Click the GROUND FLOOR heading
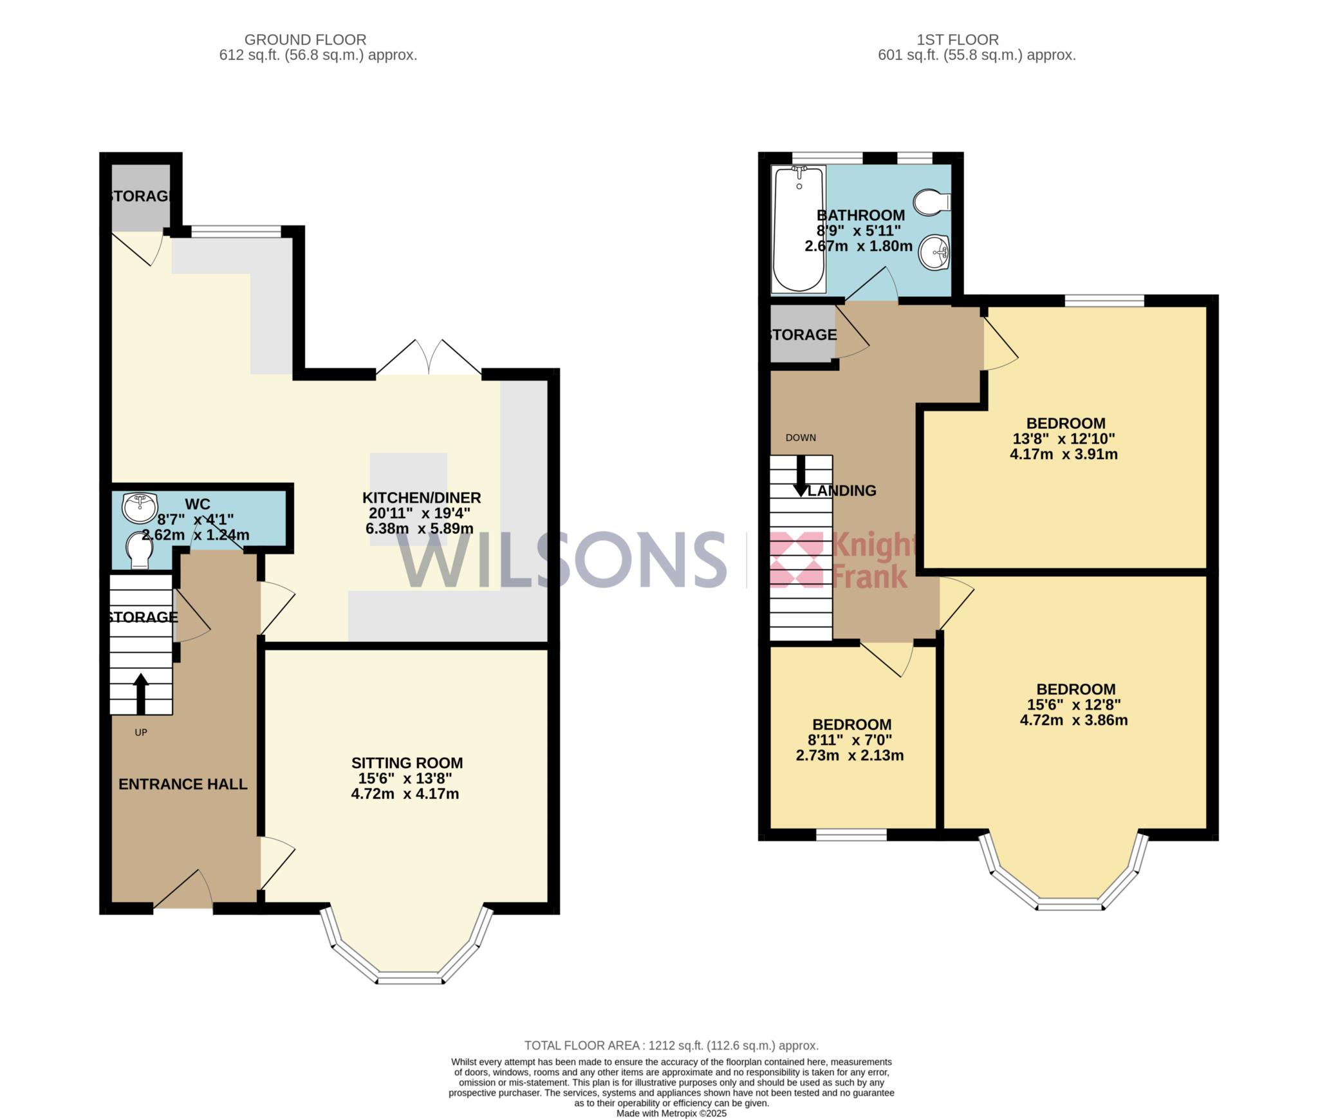click(305, 40)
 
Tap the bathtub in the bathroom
click(799, 229)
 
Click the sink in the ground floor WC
click(140, 508)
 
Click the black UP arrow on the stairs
click(140, 694)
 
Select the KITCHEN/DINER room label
click(422, 498)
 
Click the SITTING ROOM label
click(407, 763)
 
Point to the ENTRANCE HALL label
click(183, 784)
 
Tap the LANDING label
click(842, 491)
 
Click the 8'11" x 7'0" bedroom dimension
click(851, 740)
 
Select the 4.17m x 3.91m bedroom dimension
click(1064, 455)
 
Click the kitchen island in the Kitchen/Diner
click(408, 500)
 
